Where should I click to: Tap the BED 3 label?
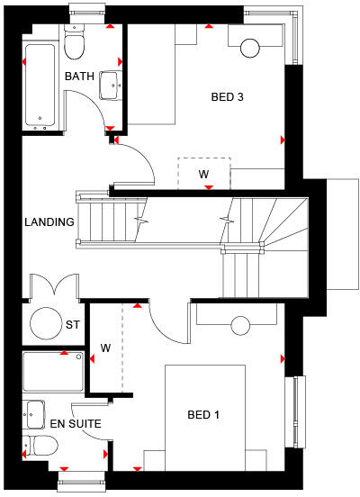227,97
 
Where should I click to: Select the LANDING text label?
49,221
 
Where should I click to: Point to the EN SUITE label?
76,422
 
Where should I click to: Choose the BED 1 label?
205,415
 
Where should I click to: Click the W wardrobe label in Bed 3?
203,173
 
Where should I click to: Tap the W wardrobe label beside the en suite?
105,348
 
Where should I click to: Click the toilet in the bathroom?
75,41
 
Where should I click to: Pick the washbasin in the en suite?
35,413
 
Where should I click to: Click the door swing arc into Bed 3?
135,162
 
